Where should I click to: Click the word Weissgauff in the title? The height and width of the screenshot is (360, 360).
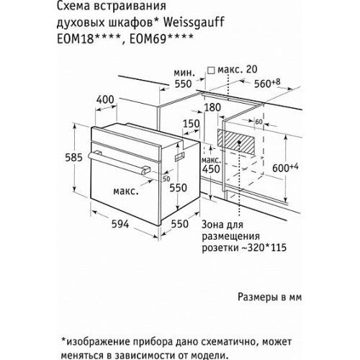(194, 22)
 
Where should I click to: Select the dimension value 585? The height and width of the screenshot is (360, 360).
(73, 158)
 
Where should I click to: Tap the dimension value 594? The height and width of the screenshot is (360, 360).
(120, 224)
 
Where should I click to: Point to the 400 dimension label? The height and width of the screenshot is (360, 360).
(105, 99)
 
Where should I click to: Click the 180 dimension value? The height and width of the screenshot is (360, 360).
(212, 107)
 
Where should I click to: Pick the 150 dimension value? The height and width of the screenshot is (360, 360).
(192, 124)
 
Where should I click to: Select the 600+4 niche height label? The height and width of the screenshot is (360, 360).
(285, 167)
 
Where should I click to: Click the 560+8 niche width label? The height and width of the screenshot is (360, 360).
(267, 83)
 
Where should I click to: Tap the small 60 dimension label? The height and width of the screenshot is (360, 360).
(258, 122)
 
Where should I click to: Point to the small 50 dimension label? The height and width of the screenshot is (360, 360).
(166, 179)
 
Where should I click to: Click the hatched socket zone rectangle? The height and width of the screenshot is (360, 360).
(236, 142)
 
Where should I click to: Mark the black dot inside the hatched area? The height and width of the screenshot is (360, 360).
(239, 143)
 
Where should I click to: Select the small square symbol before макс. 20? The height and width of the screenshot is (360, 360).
(211, 71)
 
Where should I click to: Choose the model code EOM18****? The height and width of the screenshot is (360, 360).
(89, 39)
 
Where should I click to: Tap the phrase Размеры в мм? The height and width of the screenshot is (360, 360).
(269, 297)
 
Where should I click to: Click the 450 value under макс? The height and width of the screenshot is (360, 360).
(211, 169)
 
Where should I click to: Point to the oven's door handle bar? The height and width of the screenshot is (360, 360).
(119, 163)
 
